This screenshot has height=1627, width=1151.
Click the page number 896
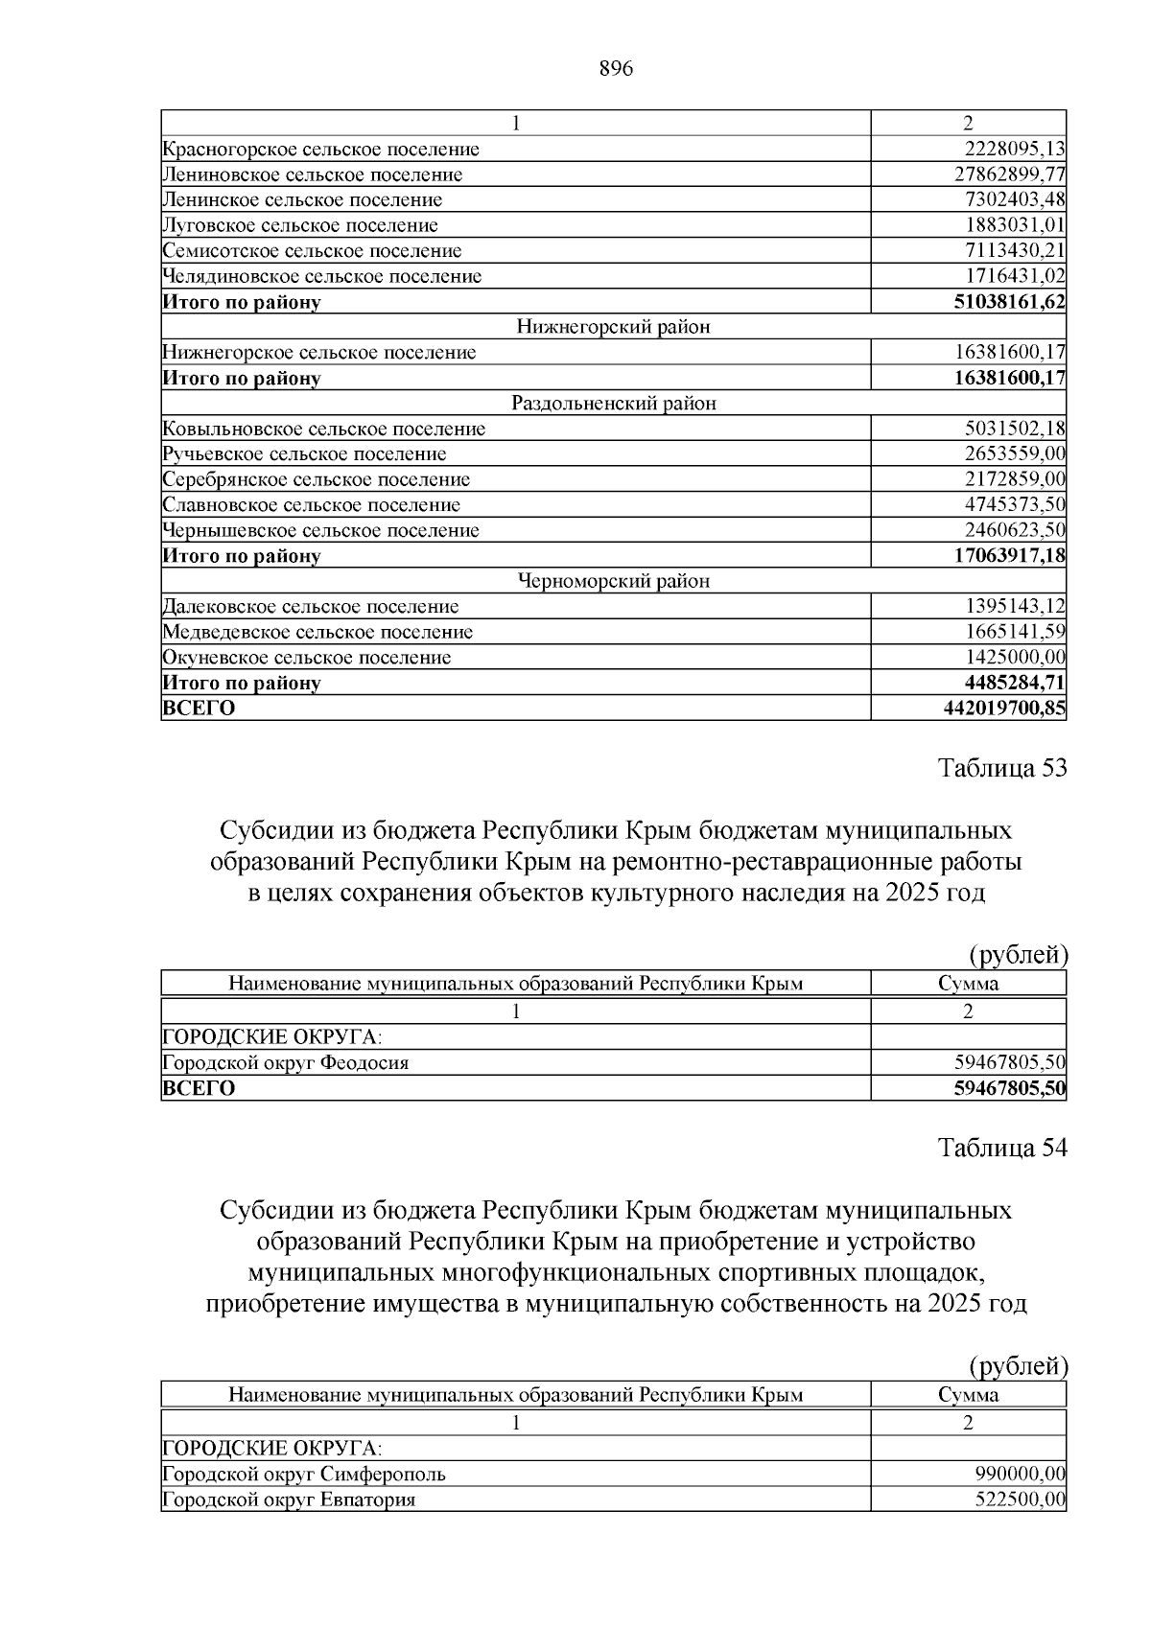pyautogui.click(x=615, y=69)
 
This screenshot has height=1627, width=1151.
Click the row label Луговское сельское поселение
pyautogui.click(x=300, y=225)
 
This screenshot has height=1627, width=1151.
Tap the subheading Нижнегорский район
pyautogui.click(x=613, y=327)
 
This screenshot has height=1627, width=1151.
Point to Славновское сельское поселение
pyautogui.click(x=312, y=504)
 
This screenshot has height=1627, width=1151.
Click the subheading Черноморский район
pyautogui.click(x=613, y=581)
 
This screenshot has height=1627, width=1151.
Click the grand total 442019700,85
pyautogui.click(x=1004, y=709)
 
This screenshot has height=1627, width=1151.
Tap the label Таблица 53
pyautogui.click(x=1001, y=768)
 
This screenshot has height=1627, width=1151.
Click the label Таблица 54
pyautogui.click(x=1001, y=1148)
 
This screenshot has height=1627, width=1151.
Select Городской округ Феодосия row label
pyautogui.click(x=286, y=1062)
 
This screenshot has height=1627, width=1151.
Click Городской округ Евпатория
pyautogui.click(x=290, y=1499)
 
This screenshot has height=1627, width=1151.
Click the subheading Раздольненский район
pyautogui.click(x=613, y=403)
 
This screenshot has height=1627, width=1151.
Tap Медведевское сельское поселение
pyautogui.click(x=317, y=632)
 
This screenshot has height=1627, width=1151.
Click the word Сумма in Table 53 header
pyautogui.click(x=968, y=984)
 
